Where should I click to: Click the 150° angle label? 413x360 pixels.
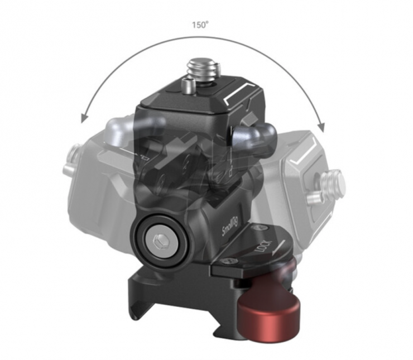tap(200, 25)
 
